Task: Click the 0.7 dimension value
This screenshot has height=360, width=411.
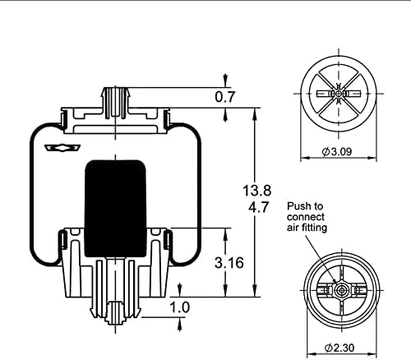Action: click(225, 97)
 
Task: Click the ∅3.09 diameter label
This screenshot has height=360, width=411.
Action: click(337, 153)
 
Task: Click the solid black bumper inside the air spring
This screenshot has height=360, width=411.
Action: click(115, 201)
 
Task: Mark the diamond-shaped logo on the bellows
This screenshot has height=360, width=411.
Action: click(60, 148)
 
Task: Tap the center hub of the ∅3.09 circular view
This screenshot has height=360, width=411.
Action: click(337, 95)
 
